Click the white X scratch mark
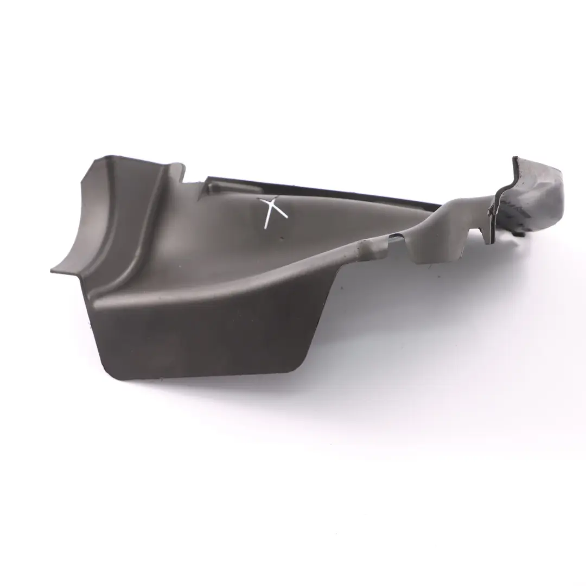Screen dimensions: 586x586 click(275, 212)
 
